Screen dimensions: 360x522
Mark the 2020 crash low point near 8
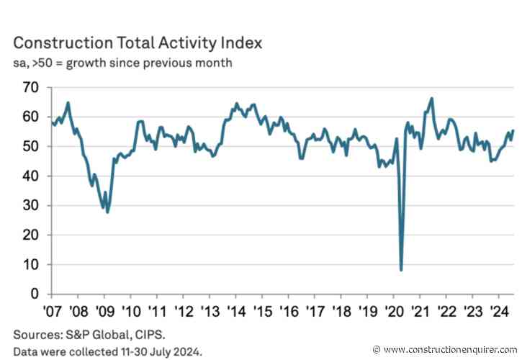(401, 270)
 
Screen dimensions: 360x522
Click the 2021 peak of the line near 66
(431, 99)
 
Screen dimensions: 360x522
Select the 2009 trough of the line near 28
(107, 212)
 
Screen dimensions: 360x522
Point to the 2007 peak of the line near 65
(68, 102)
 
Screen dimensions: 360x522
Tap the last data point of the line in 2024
(513, 130)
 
